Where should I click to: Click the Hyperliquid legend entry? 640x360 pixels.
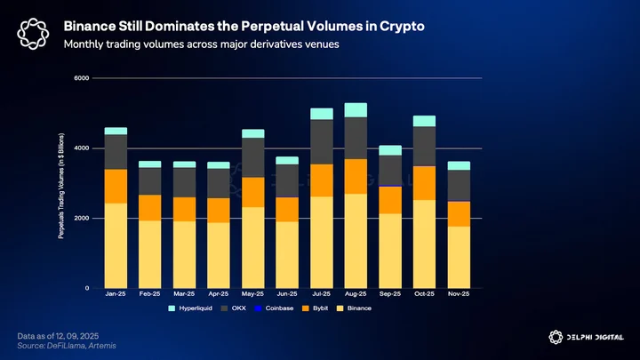coord(190,308)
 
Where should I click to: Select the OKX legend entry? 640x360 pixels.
coord(234,308)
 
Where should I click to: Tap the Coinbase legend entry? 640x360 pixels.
coord(274,308)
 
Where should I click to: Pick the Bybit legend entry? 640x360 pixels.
coord(315,308)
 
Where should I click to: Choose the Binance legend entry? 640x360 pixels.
coord(354,308)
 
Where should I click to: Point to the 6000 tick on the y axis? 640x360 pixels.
coord(82,78)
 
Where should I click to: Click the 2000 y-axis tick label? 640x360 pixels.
coord(82,218)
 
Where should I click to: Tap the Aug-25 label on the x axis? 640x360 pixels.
coord(356,293)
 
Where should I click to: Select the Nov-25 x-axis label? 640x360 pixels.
coord(459,293)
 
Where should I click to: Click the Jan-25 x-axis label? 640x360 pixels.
coord(116,293)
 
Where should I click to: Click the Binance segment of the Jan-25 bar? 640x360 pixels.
coord(116,245)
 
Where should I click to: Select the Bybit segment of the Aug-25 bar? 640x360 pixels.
coord(356,176)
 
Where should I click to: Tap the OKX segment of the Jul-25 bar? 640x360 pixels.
coord(322,142)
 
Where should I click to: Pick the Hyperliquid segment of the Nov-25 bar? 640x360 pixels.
coord(459,165)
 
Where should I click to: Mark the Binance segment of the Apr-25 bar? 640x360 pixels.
coord(219,255)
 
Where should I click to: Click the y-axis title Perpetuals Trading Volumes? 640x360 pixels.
coord(60,186)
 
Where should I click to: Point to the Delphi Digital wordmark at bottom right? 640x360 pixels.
coord(595,337)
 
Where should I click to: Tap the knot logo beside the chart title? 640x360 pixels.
coord(33,34)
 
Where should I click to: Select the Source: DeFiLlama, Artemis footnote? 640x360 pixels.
coord(67,346)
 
